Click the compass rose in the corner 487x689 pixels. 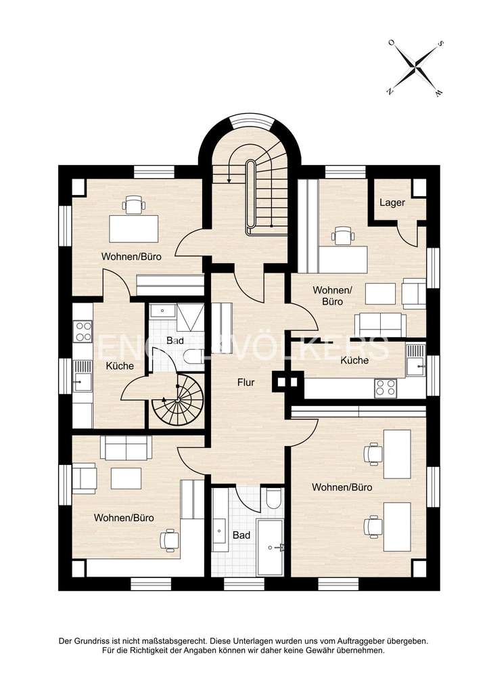pyautogui.click(x=415, y=67)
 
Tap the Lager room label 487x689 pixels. pyautogui.click(x=392, y=202)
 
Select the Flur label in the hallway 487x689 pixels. pyautogui.click(x=246, y=382)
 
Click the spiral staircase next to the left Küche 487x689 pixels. pyautogui.click(x=177, y=401)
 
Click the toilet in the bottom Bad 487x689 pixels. pyautogui.click(x=273, y=499)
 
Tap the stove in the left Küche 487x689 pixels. pyautogui.click(x=83, y=332)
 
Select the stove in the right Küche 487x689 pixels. pyautogui.click(x=386, y=387)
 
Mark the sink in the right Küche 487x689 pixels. pyautogui.click(x=415, y=366)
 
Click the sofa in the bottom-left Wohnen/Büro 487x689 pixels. pyautogui.click(x=126, y=448)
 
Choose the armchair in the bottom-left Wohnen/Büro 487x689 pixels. pyautogui.click(x=85, y=477)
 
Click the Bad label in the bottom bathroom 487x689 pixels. pyautogui.click(x=241, y=535)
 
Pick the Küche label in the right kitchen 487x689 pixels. pyautogui.click(x=354, y=361)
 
